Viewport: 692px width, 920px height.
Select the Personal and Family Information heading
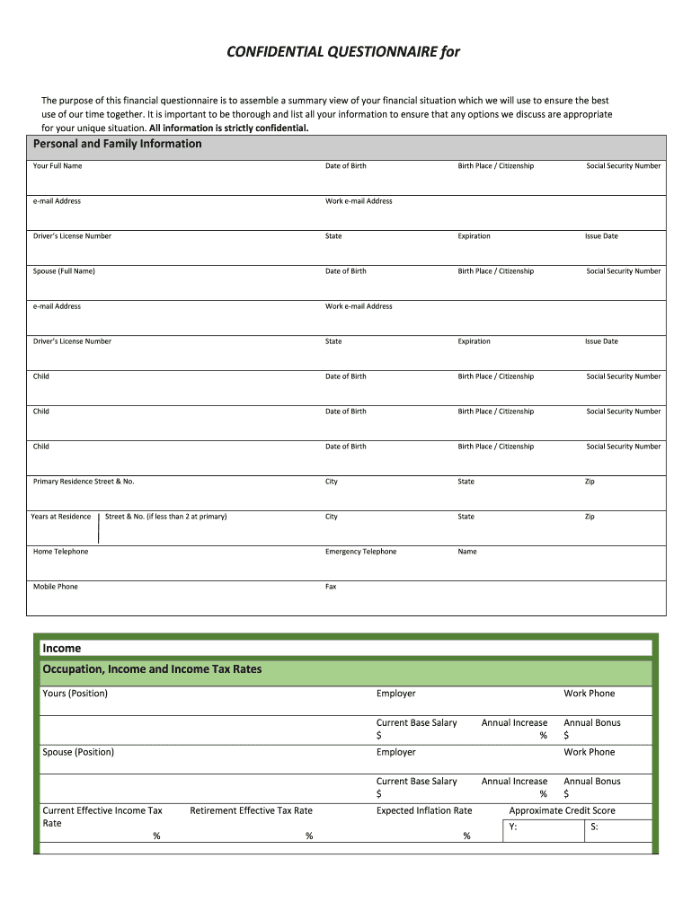(118, 144)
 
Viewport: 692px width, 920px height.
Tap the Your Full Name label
(58, 166)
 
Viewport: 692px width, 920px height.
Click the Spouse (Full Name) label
(64, 271)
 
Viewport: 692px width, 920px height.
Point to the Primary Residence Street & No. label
(84, 482)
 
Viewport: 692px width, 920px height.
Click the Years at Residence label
(61, 517)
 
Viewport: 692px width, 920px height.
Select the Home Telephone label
(61, 552)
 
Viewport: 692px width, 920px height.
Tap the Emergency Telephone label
(360, 552)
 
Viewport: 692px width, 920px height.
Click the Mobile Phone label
(56, 587)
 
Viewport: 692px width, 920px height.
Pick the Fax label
(331, 587)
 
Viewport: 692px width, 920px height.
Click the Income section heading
(62, 648)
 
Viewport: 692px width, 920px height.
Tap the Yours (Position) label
(75, 694)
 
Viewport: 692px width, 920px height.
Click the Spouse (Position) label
(78, 752)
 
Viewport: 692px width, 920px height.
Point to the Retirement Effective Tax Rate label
(252, 810)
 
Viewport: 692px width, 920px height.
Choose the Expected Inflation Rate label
(424, 810)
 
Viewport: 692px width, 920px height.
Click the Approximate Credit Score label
(563, 810)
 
